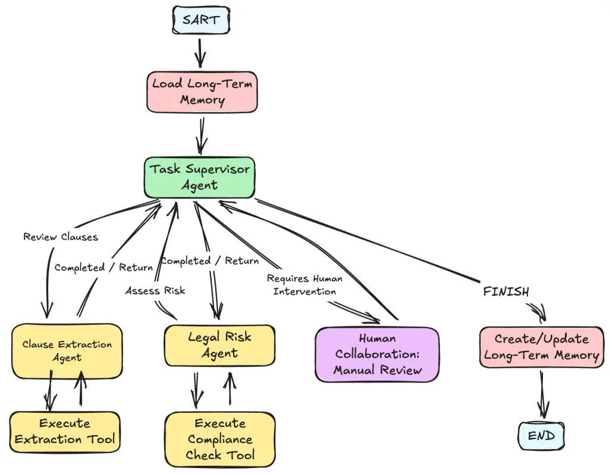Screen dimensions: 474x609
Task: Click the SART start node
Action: tap(200, 21)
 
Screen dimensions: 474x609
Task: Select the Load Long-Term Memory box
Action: tap(202, 92)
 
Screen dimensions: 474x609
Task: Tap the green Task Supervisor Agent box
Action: tap(200, 177)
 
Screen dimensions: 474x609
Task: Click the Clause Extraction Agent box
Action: tap(67, 351)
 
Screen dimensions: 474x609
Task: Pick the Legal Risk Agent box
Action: tap(219, 345)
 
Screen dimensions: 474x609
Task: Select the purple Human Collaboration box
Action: tap(377, 354)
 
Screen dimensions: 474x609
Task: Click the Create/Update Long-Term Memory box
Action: tap(541, 347)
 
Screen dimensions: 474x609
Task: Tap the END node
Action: tap(541, 436)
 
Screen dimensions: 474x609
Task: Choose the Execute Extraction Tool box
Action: tap(65, 432)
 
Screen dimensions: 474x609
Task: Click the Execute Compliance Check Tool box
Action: tap(219, 440)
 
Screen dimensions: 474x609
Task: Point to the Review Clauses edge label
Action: tap(61, 237)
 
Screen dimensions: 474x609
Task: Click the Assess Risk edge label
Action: tap(155, 291)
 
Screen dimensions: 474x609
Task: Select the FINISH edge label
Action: tap(506, 291)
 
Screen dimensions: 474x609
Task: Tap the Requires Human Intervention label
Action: tap(304, 284)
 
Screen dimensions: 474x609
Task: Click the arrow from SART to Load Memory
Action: tap(200, 52)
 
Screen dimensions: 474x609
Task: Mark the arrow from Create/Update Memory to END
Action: tap(542, 394)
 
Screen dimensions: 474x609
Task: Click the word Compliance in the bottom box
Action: tap(219, 440)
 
